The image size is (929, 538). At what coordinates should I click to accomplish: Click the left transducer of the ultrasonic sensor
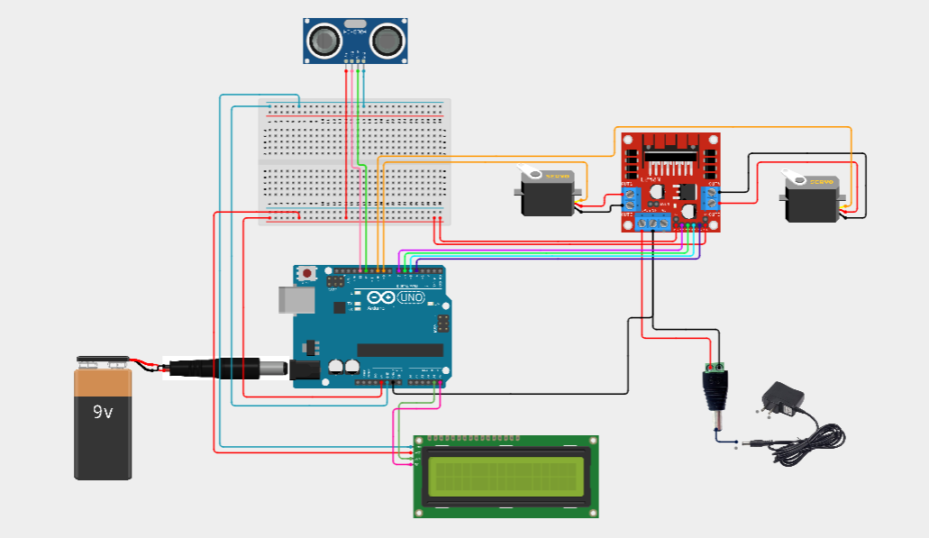click(x=325, y=39)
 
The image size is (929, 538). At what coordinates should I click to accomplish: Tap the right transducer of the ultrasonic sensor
click(x=387, y=39)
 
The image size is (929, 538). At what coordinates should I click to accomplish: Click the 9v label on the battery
click(x=103, y=412)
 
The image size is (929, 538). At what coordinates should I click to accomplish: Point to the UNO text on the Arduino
click(x=410, y=298)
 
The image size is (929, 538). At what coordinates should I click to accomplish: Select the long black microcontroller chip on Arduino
click(x=400, y=350)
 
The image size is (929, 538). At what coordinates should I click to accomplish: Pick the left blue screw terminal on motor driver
click(x=629, y=199)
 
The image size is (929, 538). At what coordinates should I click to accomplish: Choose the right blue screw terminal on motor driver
click(x=712, y=199)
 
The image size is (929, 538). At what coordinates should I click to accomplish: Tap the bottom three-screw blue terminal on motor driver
click(x=653, y=222)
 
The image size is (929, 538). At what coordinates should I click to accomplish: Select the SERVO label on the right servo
click(x=821, y=183)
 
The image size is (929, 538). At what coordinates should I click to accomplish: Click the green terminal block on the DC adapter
click(x=716, y=368)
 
